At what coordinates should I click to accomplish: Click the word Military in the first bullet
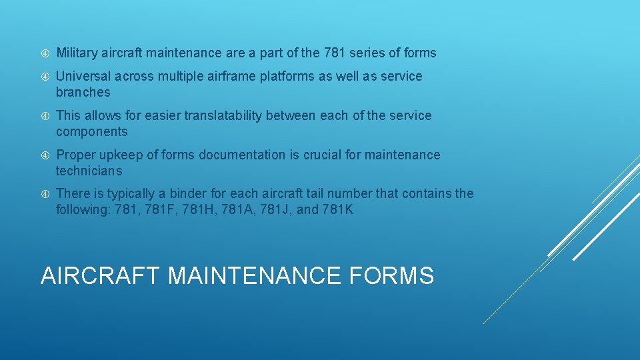pos(77,53)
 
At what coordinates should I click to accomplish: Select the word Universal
pos(83,76)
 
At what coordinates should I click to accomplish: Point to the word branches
pos(83,92)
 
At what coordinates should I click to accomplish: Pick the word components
pos(91,131)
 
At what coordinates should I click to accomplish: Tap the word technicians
pos(89,171)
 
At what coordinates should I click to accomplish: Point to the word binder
pos(187,193)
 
